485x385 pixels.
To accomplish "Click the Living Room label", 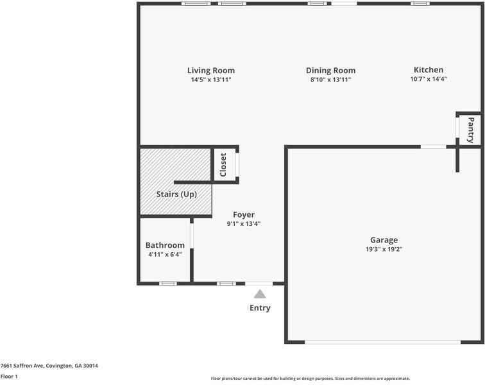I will (210, 71).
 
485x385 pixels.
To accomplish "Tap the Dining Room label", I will (330, 71).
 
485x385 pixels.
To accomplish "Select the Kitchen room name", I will (428, 70).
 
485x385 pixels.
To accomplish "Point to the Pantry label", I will (470, 130).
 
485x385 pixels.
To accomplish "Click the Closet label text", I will (223, 164).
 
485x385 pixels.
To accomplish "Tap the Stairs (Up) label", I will (176, 194).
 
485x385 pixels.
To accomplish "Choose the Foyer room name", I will (244, 215).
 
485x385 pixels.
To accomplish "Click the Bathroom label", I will (165, 245).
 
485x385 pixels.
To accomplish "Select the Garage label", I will (384, 240).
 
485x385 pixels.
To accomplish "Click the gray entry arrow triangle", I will (260, 294).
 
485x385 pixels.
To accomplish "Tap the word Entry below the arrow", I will (260, 308).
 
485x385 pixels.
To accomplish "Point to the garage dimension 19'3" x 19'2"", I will (384, 249).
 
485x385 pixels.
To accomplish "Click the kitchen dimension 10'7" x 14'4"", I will (428, 79).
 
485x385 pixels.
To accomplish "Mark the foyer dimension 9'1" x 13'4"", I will (244, 224).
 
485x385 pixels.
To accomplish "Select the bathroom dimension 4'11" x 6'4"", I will (165, 254).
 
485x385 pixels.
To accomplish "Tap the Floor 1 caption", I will (9, 377).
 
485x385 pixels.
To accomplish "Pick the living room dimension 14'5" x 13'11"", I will (210, 80).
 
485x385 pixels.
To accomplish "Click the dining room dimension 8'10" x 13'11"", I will (330, 80).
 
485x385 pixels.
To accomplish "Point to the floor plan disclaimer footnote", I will (310, 379).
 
